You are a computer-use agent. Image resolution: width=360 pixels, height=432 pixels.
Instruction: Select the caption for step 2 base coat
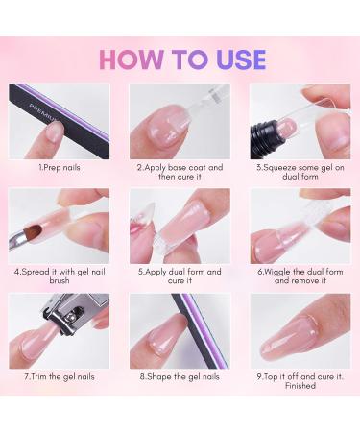point(180,171)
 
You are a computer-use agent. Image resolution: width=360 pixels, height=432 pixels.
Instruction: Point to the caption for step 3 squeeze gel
point(300,171)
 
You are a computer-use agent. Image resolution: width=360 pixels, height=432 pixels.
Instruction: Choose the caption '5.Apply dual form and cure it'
point(180,276)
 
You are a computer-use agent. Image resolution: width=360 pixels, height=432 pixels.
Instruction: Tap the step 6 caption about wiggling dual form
point(300,276)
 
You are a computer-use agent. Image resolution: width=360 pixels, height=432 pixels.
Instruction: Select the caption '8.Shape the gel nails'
point(180,377)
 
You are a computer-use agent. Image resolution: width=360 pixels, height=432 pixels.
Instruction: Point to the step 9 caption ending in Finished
point(300,382)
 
